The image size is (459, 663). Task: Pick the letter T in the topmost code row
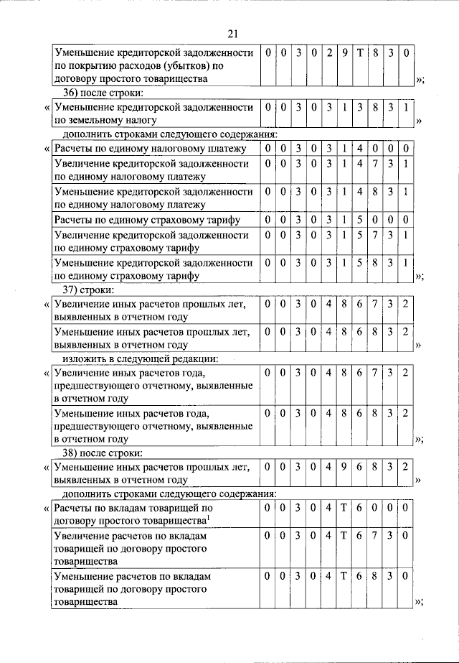[360, 52]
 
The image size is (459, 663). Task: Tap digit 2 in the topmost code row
[329, 52]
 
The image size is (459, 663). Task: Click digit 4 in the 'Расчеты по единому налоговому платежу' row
[360, 149]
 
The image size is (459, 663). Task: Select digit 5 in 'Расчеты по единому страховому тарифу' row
[360, 219]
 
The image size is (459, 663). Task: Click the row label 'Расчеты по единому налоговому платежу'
[150, 149]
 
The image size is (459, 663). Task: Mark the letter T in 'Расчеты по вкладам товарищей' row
[344, 509]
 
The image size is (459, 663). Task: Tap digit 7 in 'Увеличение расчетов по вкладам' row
[375, 536]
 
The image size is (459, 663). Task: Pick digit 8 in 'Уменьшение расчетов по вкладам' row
[375, 576]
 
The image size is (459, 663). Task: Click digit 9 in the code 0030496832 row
[344, 468]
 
